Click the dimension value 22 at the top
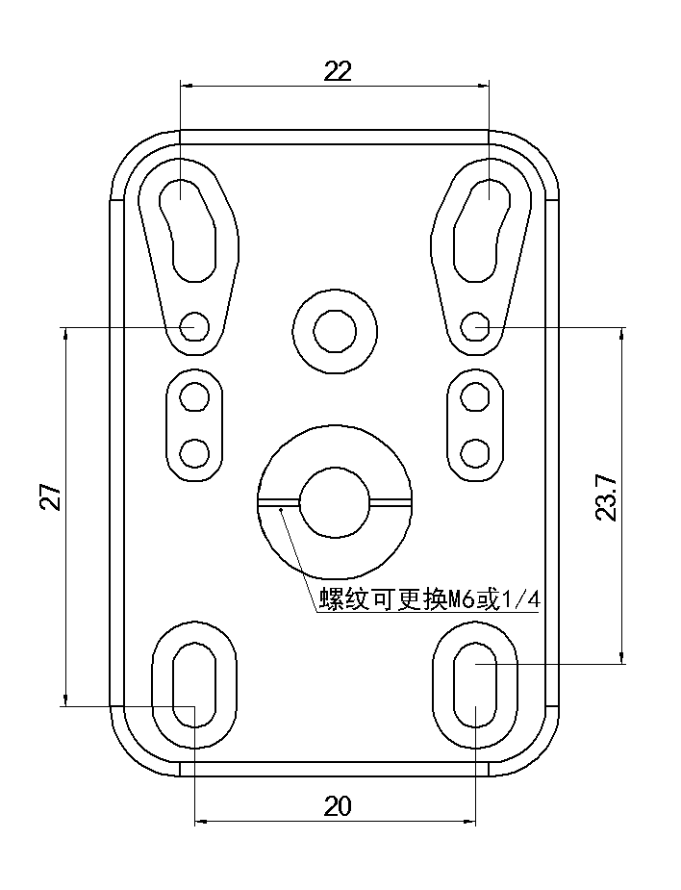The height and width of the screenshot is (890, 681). tap(338, 70)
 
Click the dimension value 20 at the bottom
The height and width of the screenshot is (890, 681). tap(338, 806)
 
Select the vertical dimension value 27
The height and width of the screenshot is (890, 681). tap(52, 496)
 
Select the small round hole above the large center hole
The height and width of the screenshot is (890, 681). tap(335, 330)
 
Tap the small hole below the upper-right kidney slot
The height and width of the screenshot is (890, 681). tap(474, 325)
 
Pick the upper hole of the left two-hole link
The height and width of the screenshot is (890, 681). tap(195, 395)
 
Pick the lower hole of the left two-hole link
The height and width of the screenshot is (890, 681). tap(195, 450)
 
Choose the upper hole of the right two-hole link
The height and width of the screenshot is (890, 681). tap(474, 395)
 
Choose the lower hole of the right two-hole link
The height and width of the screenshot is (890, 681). tap(474, 450)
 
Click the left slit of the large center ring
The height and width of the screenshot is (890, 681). tap(279, 501)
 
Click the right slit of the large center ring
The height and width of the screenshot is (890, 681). tap(391, 501)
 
